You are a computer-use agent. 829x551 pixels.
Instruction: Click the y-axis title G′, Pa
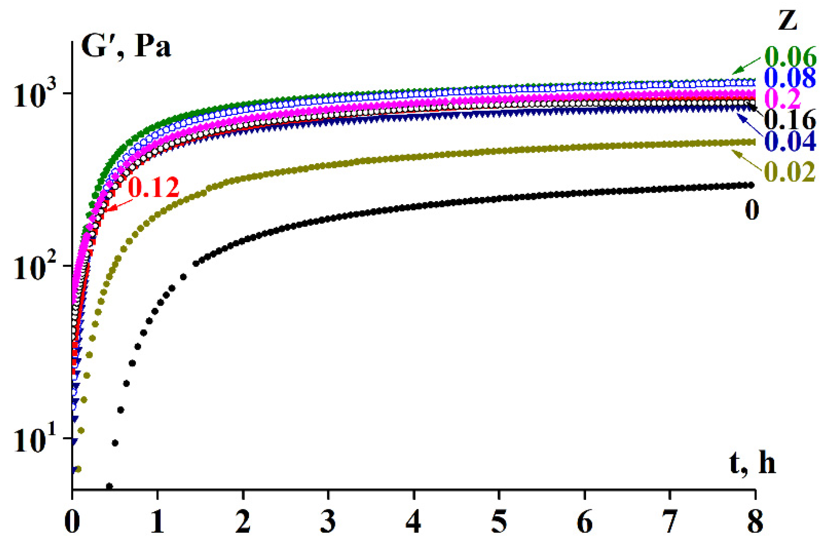tap(126, 47)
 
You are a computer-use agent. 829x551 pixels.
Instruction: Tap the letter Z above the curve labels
tap(787, 21)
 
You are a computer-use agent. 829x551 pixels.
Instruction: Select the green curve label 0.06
tap(790, 57)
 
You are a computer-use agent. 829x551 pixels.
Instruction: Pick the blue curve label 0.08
tap(790, 78)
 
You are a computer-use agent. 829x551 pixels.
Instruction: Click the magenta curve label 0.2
tap(782, 99)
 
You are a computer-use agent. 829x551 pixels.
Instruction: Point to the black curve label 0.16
tap(790, 120)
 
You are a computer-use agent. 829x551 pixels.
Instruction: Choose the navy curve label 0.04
tap(790, 142)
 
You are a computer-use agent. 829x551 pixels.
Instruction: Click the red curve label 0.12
tap(154, 187)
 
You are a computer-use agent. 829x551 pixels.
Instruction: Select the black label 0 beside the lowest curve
tap(752, 210)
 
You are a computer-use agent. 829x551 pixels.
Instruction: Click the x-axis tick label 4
tap(414, 522)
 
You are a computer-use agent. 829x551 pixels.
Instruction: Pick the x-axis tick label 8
tap(755, 522)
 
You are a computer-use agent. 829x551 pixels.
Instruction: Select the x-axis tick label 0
tap(72, 522)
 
